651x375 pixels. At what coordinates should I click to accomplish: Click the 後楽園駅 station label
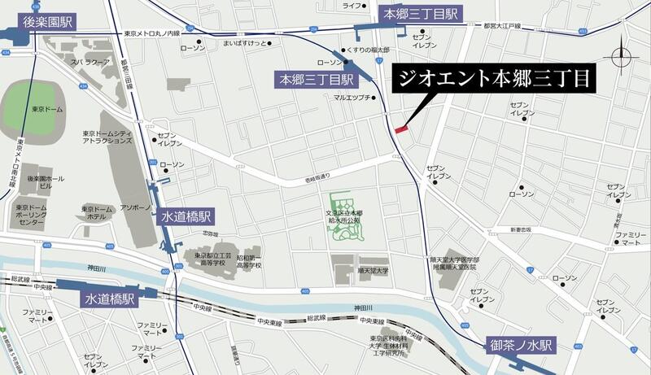(x=47, y=21)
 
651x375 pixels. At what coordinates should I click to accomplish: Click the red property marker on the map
(x=400, y=128)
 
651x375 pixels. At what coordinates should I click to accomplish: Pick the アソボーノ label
(x=135, y=207)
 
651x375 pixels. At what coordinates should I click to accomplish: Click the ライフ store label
(x=352, y=6)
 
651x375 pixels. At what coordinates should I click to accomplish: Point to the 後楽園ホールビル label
(x=41, y=181)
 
